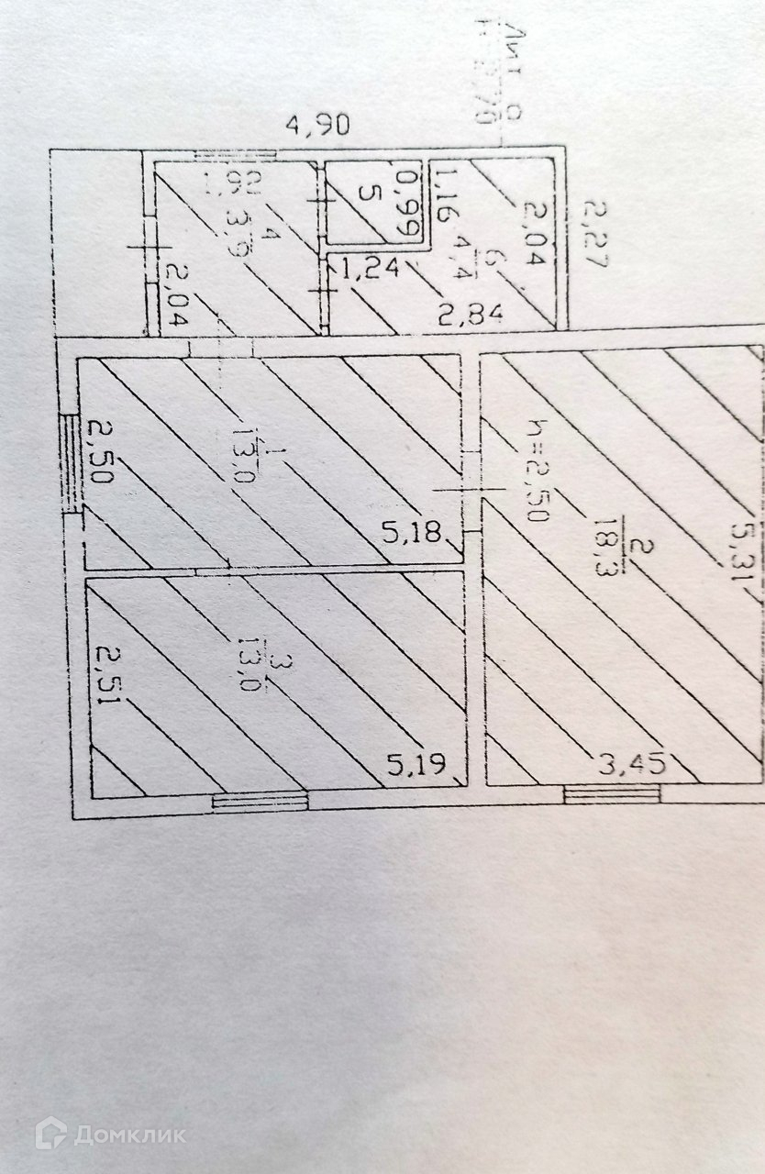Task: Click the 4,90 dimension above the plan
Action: pyautogui.click(x=317, y=126)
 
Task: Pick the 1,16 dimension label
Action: pyautogui.click(x=443, y=195)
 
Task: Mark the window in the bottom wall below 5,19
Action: pyautogui.click(x=260, y=801)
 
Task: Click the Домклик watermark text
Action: pyautogui.click(x=129, y=1135)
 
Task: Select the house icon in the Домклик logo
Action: pyautogui.click(x=51, y=1135)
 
